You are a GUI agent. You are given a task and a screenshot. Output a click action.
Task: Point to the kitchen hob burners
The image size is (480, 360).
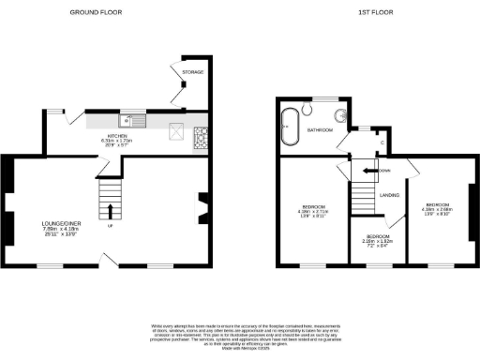coord(201,140)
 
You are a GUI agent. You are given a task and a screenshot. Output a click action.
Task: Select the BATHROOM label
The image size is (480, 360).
coord(321,130)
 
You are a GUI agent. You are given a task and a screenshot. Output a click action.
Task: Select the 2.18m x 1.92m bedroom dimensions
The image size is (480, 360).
coord(379,242)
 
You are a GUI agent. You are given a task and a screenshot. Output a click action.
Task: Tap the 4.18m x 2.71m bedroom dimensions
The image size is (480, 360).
coord(313,211)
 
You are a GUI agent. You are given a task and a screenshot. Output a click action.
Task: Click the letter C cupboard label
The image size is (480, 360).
coord(381,142)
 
